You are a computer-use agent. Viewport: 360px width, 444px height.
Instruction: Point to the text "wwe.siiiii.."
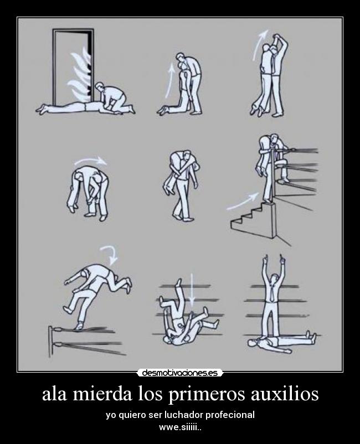(x=180, y=427)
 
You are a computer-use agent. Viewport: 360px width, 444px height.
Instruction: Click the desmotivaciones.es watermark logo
(x=180, y=373)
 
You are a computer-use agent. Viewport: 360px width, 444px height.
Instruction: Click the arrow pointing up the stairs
(x=243, y=200)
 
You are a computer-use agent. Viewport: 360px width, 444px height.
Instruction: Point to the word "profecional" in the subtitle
(x=232, y=415)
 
